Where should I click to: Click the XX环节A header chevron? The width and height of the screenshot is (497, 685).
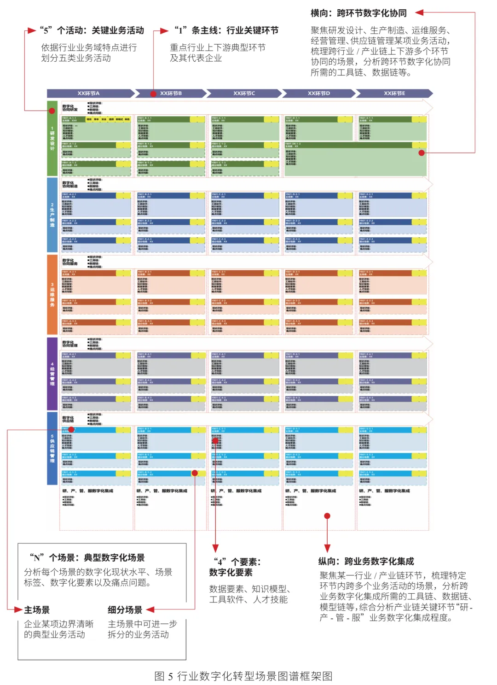point(90,94)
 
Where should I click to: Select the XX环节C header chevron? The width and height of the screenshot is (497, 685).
point(244,94)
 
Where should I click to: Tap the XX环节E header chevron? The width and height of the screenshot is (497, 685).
point(394,94)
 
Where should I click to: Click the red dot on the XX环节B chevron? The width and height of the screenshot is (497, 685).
point(153,94)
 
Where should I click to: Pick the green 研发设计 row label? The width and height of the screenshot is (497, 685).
point(52,138)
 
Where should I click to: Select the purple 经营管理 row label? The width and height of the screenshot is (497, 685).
point(52,374)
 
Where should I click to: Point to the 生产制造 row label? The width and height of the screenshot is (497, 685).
point(52,215)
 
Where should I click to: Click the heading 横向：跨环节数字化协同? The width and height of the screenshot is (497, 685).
point(358,13)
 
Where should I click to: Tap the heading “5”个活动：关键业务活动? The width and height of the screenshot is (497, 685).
point(92,30)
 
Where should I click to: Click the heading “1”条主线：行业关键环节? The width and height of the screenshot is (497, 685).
point(226,30)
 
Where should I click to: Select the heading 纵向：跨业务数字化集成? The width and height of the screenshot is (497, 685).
point(366,561)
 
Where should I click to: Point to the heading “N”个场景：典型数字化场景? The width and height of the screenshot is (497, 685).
point(87,557)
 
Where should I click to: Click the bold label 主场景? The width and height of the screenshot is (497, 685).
point(37,610)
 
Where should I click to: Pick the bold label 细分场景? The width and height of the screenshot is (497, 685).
point(125,610)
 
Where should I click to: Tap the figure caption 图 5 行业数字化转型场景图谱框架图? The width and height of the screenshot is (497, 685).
point(243,676)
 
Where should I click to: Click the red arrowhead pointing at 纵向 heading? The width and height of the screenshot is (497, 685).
point(327,548)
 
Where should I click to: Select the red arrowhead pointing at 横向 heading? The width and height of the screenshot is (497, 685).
point(419,13)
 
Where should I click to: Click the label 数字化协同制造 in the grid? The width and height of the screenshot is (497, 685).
point(70,185)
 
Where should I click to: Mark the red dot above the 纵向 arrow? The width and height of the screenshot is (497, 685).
point(327,516)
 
